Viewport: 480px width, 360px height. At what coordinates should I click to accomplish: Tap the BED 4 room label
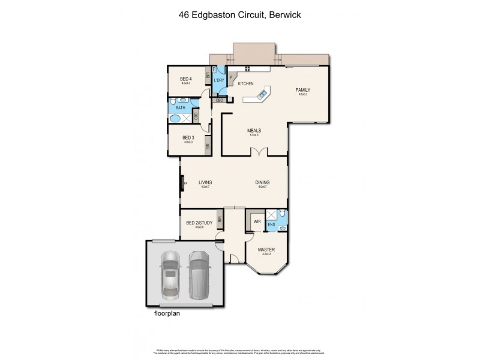(186, 79)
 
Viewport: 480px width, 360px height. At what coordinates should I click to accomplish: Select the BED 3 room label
(188, 137)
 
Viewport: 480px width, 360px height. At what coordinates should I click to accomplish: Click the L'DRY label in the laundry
(220, 80)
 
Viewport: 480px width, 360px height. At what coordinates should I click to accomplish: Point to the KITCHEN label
(246, 84)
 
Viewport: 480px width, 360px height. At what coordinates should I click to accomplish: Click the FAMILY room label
(302, 90)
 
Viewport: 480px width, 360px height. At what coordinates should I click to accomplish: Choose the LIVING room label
(206, 182)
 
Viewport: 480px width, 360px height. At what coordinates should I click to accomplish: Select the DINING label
(263, 182)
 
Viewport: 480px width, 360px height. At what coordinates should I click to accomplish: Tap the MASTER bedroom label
(266, 249)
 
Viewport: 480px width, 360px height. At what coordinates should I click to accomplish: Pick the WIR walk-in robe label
(257, 222)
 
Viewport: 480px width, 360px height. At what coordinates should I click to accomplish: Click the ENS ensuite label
(271, 226)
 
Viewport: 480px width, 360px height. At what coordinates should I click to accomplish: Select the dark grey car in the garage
(199, 273)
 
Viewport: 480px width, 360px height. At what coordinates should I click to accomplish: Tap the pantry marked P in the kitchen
(231, 77)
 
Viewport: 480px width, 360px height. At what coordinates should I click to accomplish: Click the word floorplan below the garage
(167, 312)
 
